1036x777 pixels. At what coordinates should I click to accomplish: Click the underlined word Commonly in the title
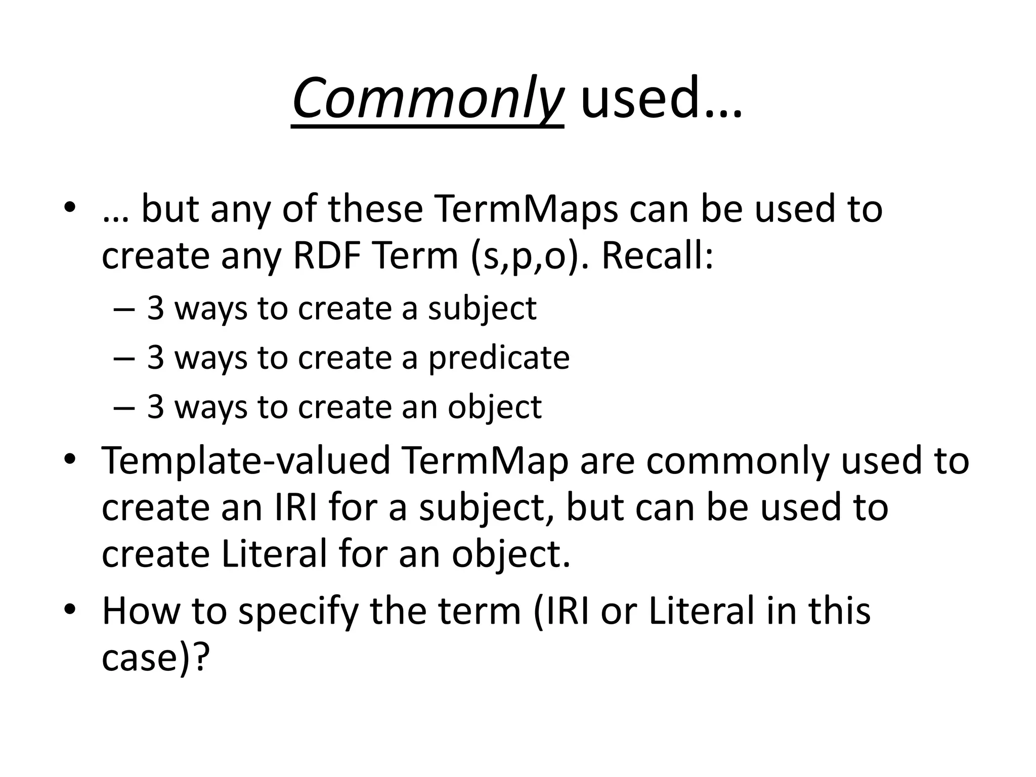(427, 99)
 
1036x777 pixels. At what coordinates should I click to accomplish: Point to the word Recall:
(657, 256)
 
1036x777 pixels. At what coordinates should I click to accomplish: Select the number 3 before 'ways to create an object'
(156, 407)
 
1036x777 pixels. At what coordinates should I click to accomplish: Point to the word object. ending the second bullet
(511, 555)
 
